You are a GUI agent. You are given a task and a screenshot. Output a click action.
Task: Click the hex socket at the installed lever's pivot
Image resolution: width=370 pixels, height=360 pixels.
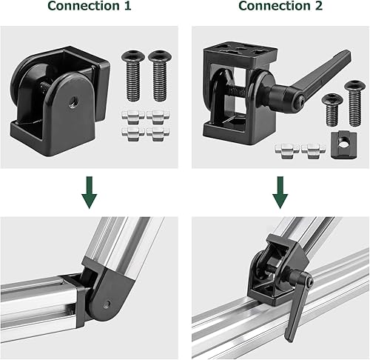308,283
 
